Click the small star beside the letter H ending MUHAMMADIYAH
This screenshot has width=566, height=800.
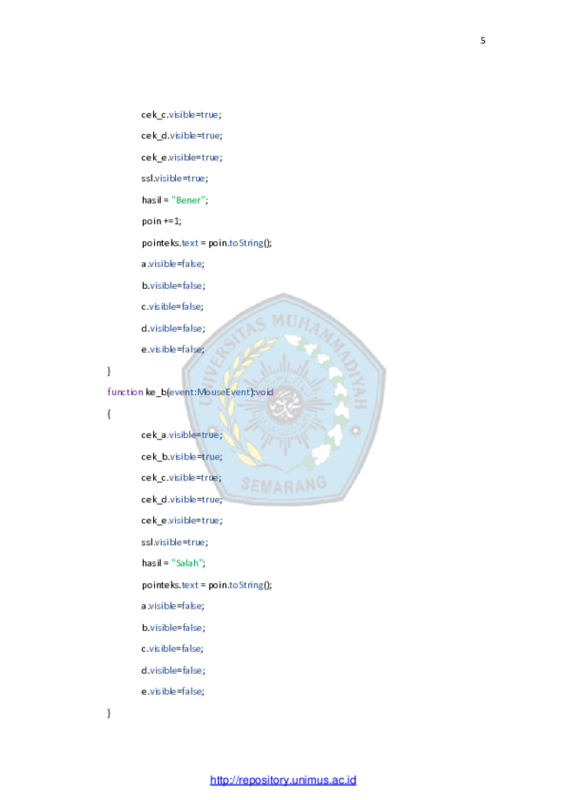tap(354, 430)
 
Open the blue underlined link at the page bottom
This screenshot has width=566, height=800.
tap(283, 780)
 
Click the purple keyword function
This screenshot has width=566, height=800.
tap(125, 393)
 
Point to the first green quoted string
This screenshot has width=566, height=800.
tap(188, 200)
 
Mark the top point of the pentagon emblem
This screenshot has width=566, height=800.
tap(283, 293)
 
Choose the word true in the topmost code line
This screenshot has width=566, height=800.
tap(210, 115)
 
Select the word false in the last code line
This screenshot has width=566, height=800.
tap(192, 692)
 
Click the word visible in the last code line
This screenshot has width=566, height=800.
tap(163, 692)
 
